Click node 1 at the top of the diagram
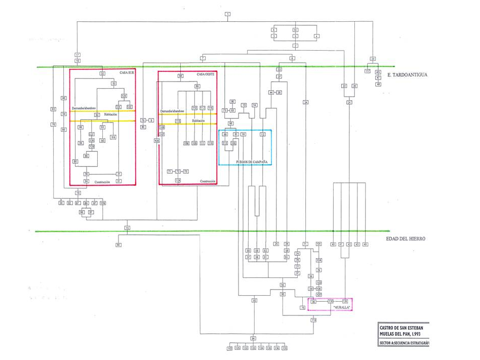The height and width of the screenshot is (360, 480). coord(228,13)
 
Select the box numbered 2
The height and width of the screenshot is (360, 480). coord(295,46)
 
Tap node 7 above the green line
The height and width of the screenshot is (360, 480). coord(203,58)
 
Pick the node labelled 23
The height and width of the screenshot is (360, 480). coord(373,58)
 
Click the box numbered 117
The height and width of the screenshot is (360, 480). coord(368,71)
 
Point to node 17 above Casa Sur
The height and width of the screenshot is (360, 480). coord(77,55)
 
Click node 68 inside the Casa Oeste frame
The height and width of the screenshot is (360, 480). coord(180,76)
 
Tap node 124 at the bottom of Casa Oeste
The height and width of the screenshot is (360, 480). coord(178,180)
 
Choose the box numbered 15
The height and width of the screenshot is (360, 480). coord(127,228)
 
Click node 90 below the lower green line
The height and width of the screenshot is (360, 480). coord(118,245)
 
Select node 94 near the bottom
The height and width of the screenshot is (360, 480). coord(253,338)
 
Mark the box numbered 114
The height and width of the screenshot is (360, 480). coord(313,320)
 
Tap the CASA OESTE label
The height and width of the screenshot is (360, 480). coord(205,74)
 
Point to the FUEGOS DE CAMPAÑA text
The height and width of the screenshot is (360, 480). coord(252,162)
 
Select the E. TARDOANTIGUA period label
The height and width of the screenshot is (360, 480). coord(407,75)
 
